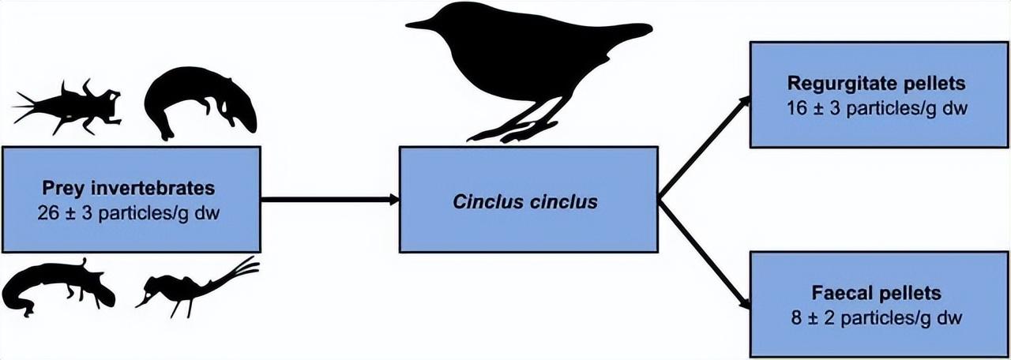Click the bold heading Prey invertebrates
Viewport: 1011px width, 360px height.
130,189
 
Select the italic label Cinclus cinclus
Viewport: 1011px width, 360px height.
525,201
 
